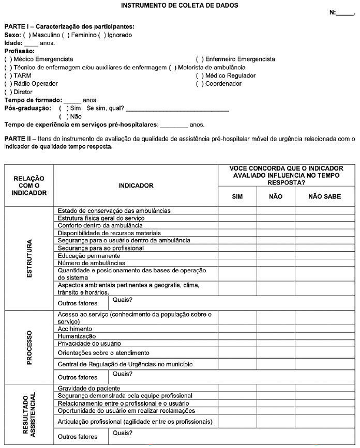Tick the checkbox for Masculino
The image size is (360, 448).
coord(27,35)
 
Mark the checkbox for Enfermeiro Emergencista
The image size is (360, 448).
coord(200,59)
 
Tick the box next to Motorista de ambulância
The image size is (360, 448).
coord(172,68)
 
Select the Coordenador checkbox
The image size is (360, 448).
coord(200,84)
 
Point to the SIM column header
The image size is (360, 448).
coord(237,196)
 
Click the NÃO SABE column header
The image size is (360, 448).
coord(324,196)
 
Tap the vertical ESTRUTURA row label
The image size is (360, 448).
coord(29,258)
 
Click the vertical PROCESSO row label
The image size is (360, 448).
coord(29,347)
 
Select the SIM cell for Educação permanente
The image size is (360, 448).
coord(237,256)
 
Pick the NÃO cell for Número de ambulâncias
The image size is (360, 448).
coord(276,263)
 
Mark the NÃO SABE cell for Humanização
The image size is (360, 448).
coord(324,336)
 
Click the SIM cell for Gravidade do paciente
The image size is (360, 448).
coord(237,388)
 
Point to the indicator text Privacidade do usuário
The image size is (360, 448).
coord(89,344)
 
